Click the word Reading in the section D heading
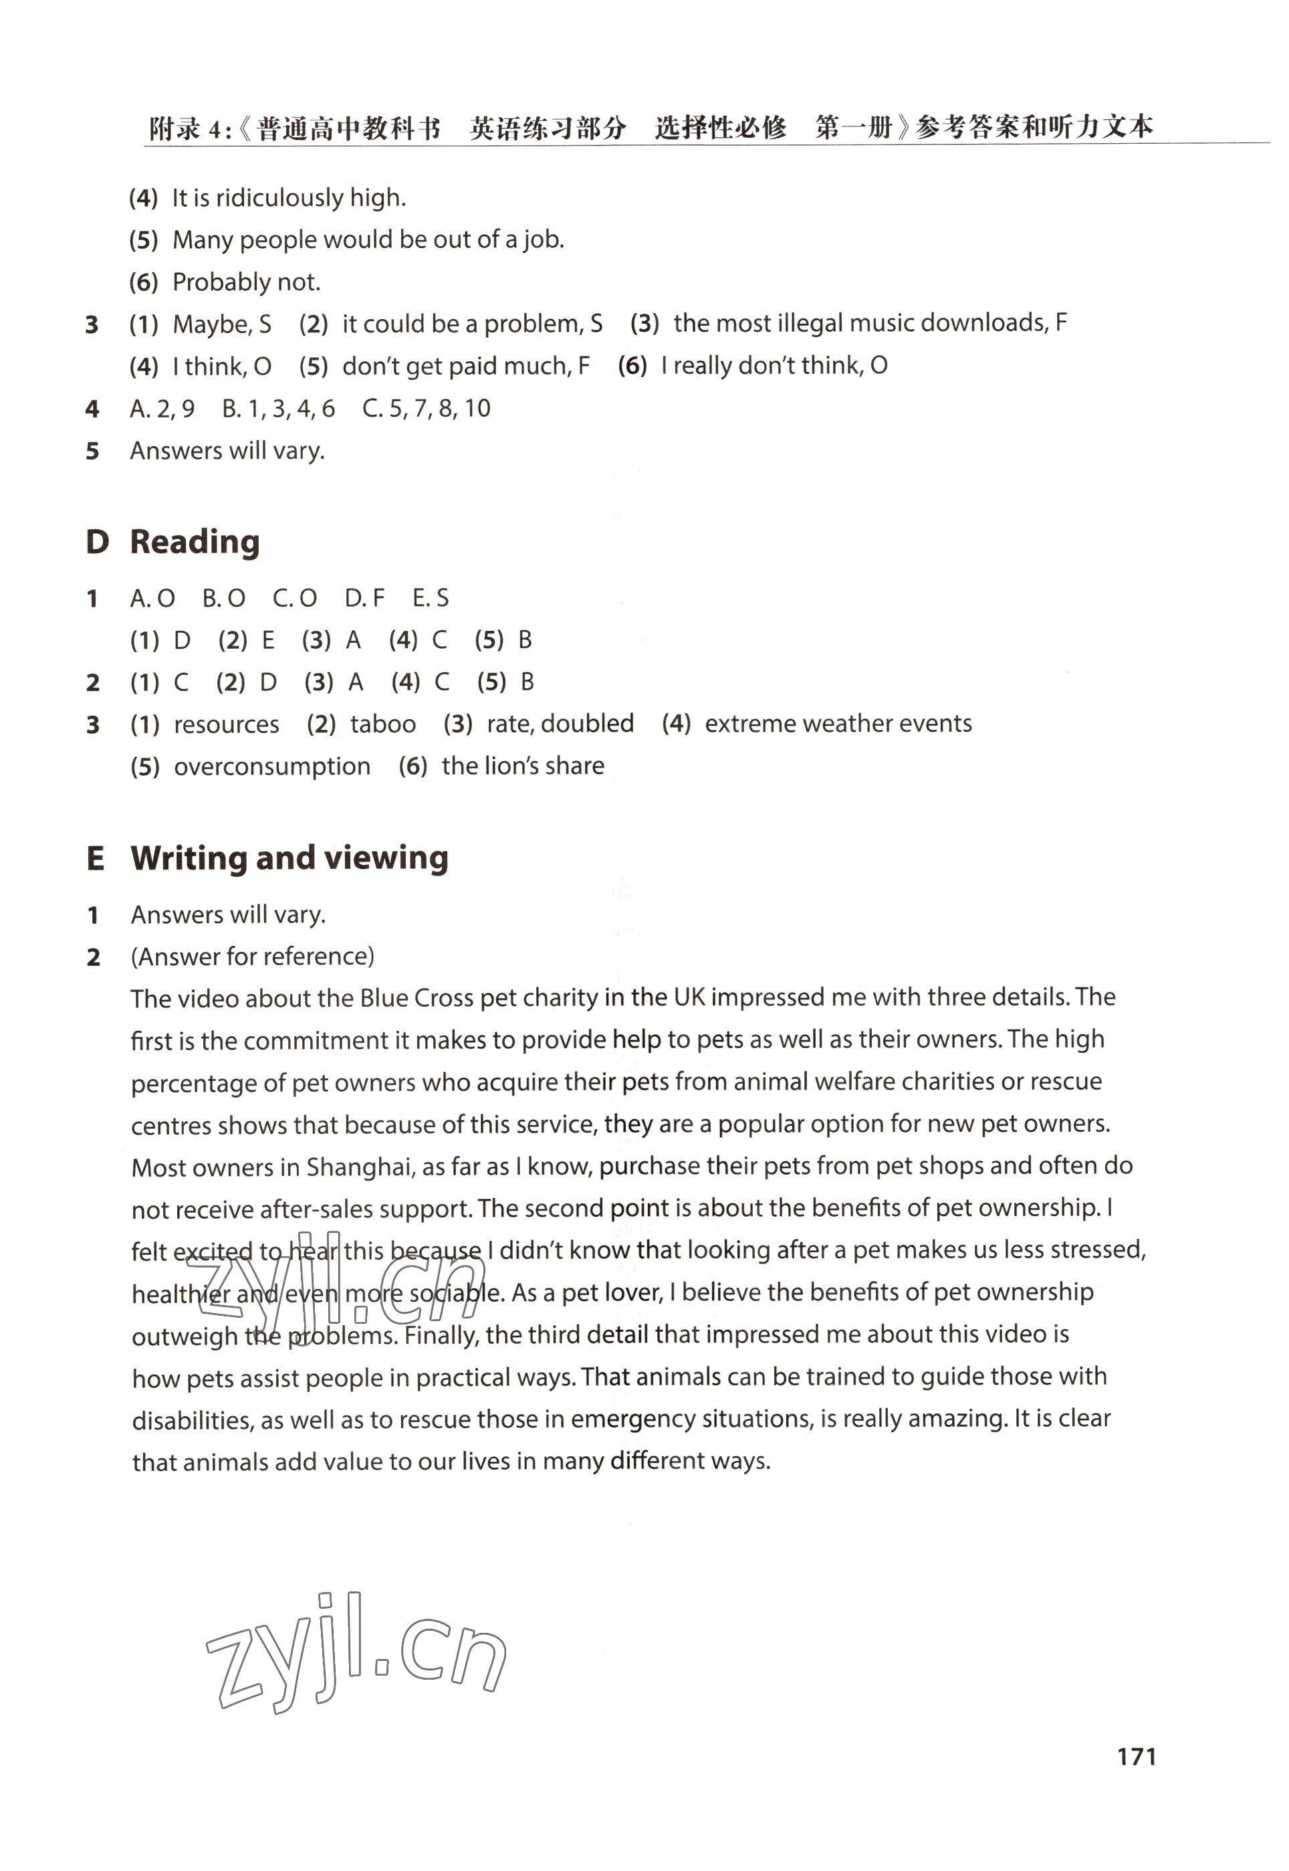195,542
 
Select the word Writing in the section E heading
189,858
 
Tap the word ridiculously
279,198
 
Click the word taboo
383,724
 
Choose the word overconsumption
272,766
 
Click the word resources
226,724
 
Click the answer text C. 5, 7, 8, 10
426,409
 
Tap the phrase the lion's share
523,766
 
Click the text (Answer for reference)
253,957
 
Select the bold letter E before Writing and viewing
96,859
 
